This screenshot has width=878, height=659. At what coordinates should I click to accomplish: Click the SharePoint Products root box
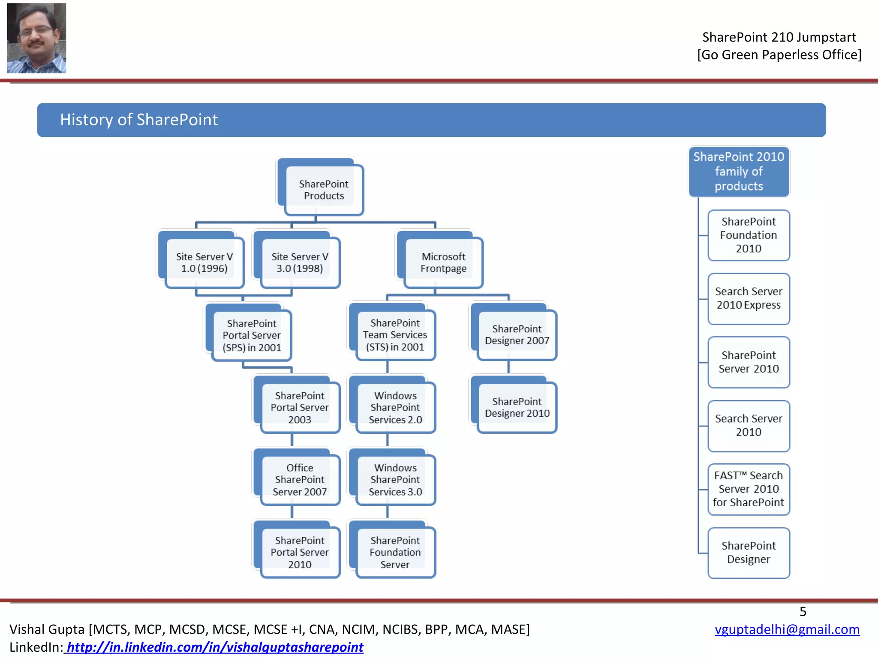324,190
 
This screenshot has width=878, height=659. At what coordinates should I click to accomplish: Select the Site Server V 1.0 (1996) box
204,263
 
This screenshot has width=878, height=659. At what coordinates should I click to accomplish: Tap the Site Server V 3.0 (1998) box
300,263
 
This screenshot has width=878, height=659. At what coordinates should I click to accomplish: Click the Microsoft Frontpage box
443,263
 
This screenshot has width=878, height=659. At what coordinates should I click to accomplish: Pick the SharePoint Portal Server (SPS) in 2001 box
252,336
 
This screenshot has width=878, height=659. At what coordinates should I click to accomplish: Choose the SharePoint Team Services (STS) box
395,335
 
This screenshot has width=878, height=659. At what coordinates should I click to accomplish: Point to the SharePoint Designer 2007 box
517,335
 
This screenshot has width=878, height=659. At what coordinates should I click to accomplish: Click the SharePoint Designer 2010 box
517,408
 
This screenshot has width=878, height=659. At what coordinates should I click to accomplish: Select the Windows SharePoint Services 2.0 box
395,408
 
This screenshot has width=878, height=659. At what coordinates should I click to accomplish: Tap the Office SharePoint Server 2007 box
300,480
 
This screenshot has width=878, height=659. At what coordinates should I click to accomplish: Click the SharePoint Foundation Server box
395,552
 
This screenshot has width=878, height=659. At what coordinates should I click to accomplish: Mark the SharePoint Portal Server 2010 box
300,552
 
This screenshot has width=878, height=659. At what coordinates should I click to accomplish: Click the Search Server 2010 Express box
749,299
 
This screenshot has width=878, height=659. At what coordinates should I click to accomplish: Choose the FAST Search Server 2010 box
749,489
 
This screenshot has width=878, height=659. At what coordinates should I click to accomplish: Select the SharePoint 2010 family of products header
739,172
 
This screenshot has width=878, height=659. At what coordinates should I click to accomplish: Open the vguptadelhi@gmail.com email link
787,629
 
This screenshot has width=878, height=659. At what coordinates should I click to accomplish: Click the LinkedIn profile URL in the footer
214,647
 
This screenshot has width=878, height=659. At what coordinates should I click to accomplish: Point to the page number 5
803,611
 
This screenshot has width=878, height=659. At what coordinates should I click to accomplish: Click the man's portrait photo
36,38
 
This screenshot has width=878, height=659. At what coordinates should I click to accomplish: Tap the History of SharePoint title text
139,120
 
